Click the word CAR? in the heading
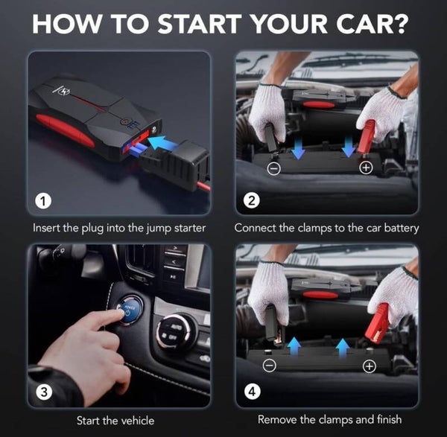click(x=372, y=24)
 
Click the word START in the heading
click(x=200, y=24)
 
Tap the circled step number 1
click(x=43, y=202)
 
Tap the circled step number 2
click(x=252, y=201)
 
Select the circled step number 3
click(x=44, y=392)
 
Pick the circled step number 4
click(x=253, y=392)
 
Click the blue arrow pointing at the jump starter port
click(x=164, y=143)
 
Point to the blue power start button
click(x=129, y=310)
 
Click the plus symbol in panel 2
click(x=366, y=168)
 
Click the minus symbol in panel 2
click(x=274, y=169)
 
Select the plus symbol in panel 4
click(x=370, y=366)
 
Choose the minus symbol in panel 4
click(x=270, y=366)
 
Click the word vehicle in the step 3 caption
click(x=136, y=421)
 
